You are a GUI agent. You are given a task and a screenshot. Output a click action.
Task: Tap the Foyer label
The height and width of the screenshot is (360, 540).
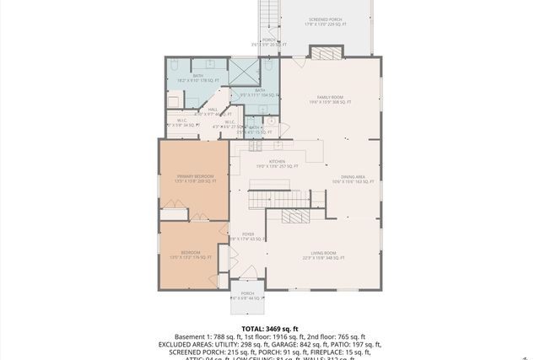pos(248,237)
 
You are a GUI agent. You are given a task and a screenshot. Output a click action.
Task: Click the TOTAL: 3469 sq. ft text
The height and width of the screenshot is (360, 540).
pos(269,329)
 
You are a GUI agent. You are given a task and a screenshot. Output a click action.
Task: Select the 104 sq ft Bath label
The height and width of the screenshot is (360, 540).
pos(259,93)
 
